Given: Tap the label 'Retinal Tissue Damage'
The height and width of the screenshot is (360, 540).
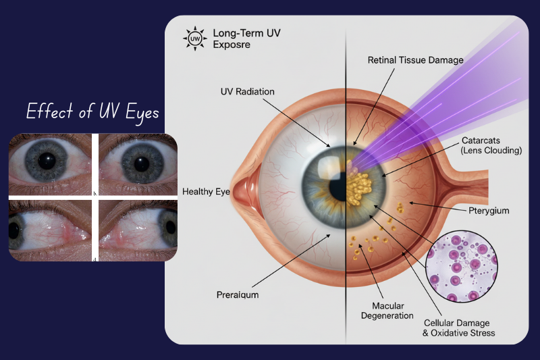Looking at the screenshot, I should point(415,60).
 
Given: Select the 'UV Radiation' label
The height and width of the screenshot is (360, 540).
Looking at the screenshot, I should point(247,91).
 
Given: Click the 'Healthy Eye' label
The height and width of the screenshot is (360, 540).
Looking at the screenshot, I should point(206,192).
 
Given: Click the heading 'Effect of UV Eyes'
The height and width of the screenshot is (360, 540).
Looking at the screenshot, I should point(92,112).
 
